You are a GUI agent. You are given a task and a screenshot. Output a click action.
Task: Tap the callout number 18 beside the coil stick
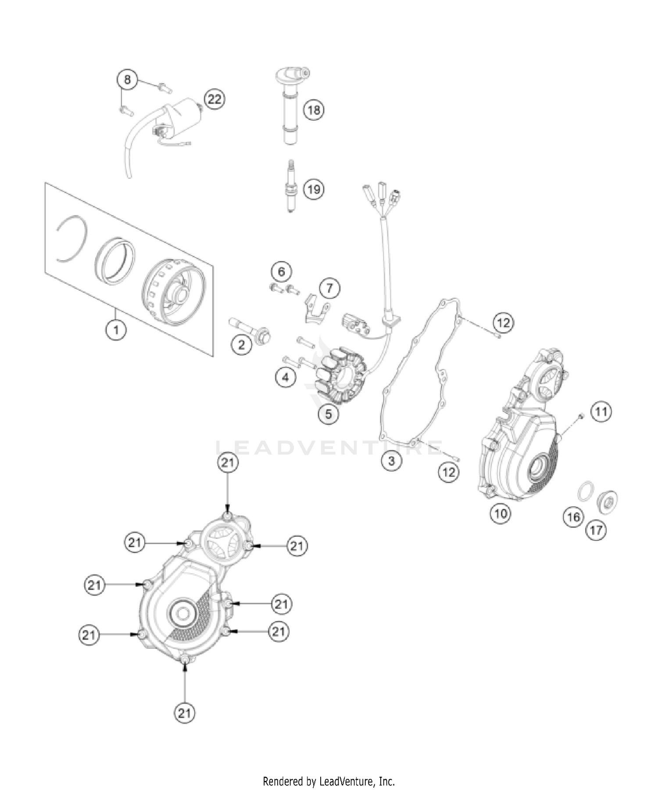(x=314, y=109)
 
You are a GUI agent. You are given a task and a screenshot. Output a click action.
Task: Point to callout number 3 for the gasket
(x=391, y=460)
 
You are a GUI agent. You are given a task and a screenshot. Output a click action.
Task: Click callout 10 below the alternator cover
(x=501, y=513)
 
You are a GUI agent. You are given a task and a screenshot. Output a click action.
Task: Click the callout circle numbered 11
(x=601, y=411)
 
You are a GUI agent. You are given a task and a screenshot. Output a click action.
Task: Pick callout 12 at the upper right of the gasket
(x=503, y=323)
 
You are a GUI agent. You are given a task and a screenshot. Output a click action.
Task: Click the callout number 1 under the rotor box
(x=116, y=329)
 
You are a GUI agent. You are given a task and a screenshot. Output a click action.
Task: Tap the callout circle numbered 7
(x=329, y=288)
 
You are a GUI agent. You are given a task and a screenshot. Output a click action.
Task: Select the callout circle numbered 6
(x=281, y=271)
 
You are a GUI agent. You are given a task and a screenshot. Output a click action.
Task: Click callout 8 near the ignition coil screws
(x=127, y=79)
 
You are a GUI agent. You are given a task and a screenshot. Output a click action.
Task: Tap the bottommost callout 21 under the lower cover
(x=184, y=713)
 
